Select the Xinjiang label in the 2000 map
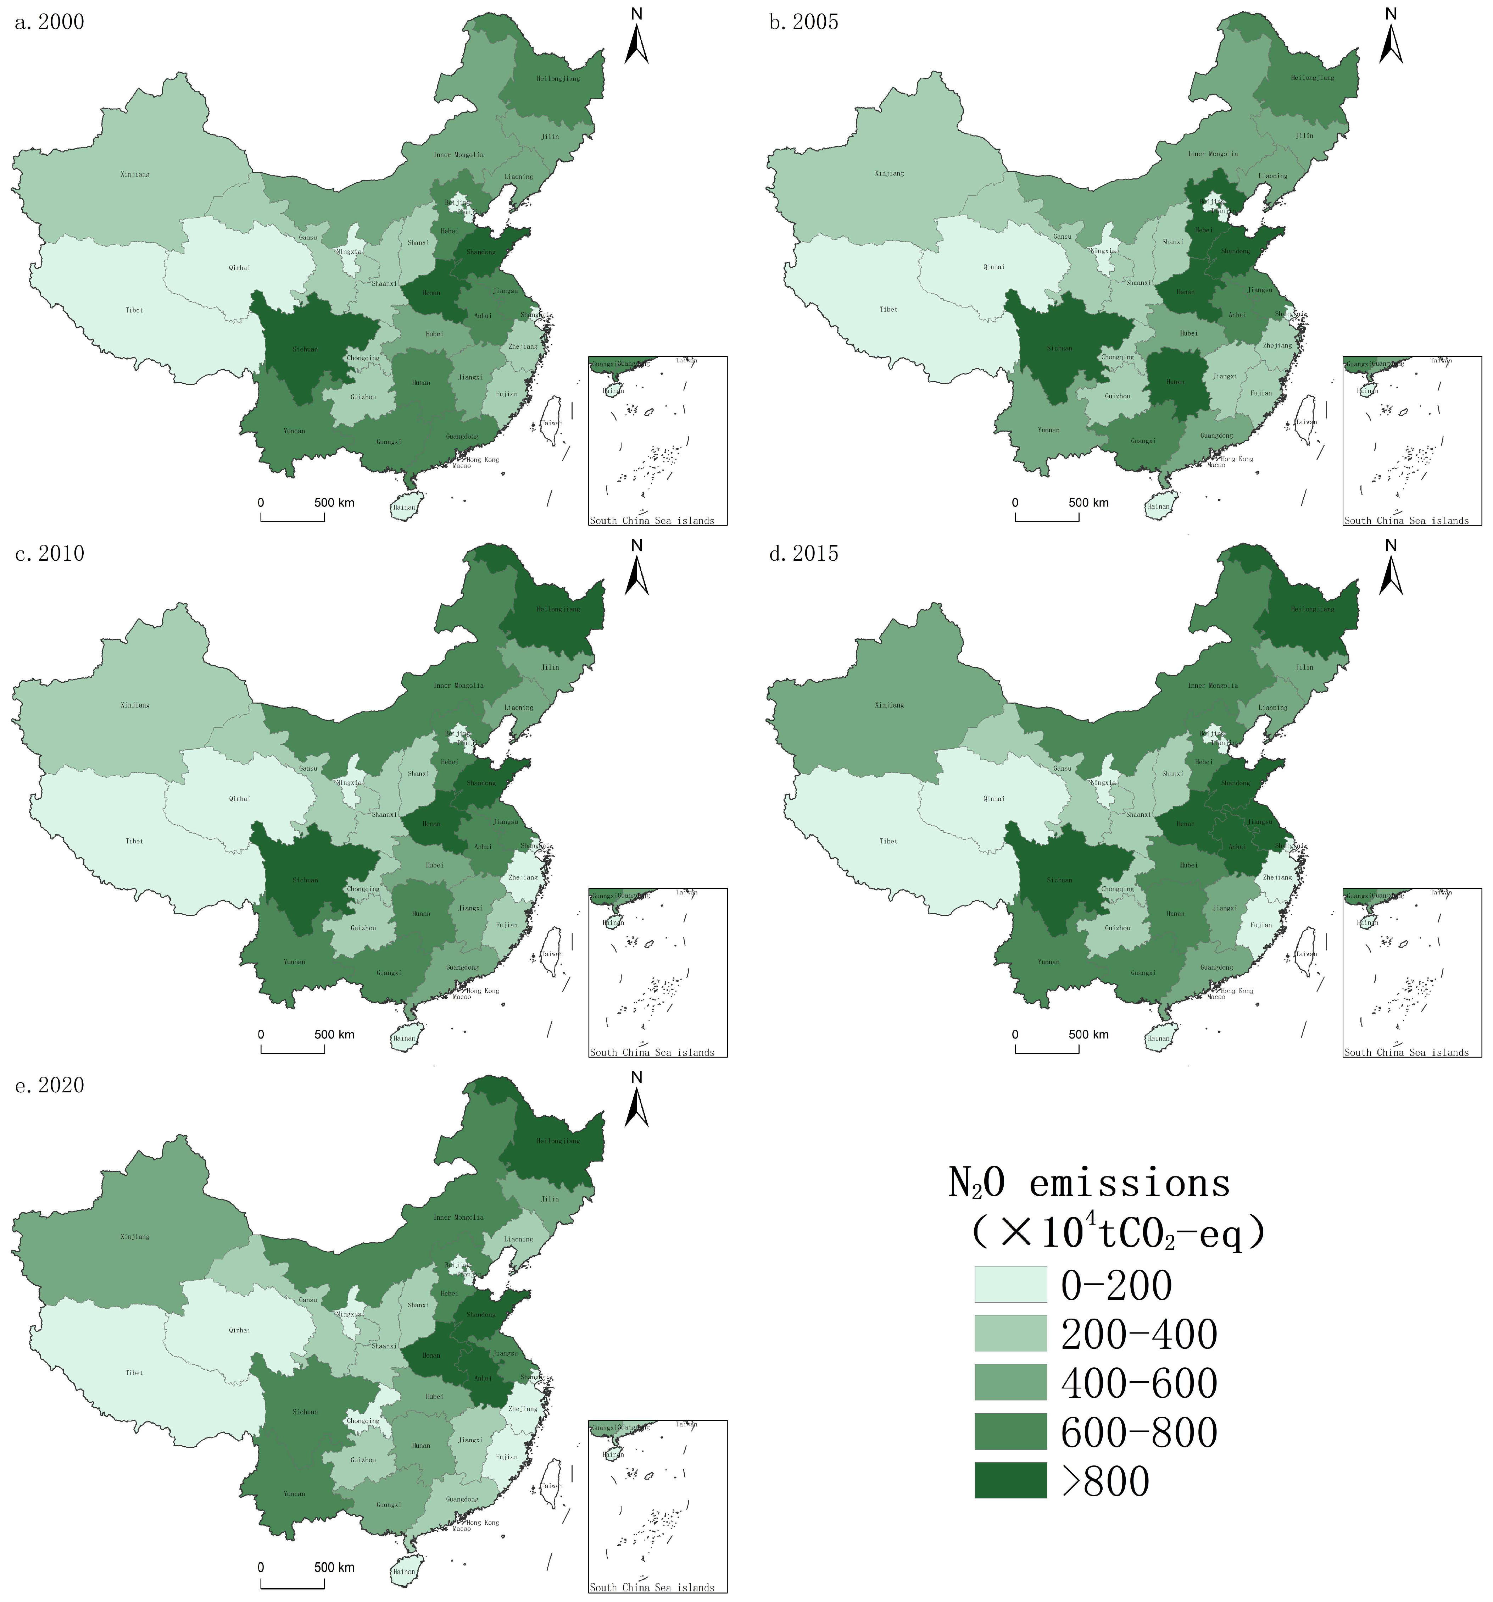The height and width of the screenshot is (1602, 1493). tap(135, 174)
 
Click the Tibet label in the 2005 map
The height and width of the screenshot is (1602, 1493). tap(888, 309)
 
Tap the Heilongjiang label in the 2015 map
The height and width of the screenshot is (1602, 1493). tap(1313, 609)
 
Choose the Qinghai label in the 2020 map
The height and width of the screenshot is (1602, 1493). tap(239, 1330)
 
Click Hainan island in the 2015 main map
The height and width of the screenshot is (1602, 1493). tap(1159, 1038)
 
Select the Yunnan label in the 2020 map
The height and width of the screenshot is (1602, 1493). tap(294, 1494)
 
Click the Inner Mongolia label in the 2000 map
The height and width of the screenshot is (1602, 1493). tap(458, 155)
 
